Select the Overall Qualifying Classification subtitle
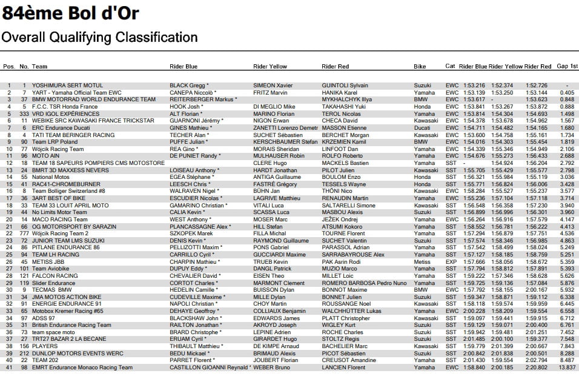tap(99, 37)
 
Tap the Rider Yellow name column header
tap(273, 66)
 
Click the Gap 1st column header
tap(567, 66)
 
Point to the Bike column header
tap(420, 66)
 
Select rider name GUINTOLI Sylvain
tap(345, 86)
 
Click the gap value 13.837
tap(566, 367)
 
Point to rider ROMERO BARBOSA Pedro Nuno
tap(363, 283)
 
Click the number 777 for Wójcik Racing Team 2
tap(24, 233)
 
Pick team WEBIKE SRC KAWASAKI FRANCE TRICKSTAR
tap(88, 121)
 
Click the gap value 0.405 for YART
tap(567, 92)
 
